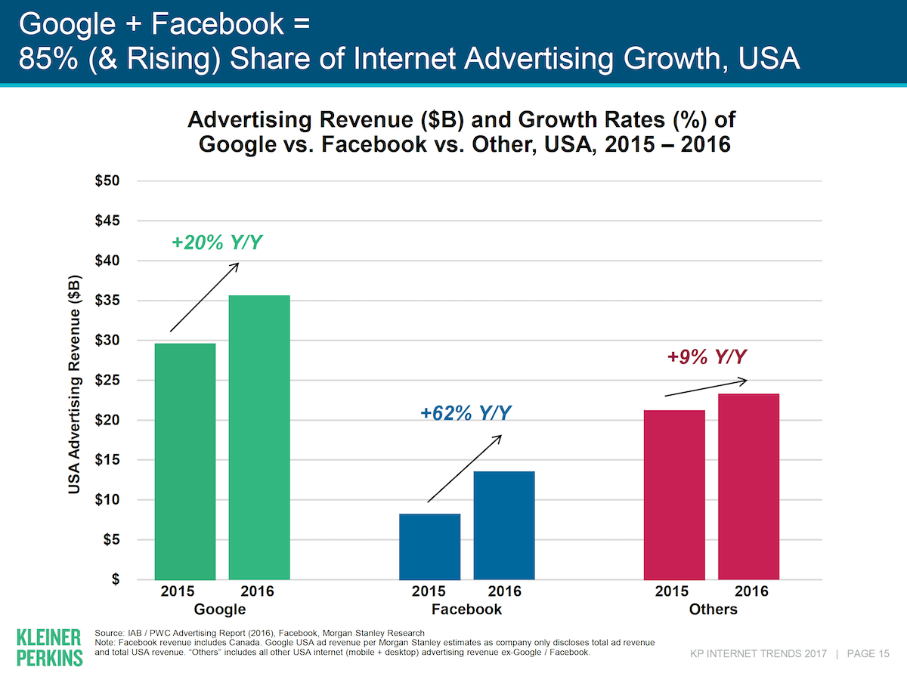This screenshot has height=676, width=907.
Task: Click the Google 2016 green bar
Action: point(259,437)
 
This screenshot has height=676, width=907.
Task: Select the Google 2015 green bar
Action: point(185,461)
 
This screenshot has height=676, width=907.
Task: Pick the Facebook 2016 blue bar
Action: point(504,526)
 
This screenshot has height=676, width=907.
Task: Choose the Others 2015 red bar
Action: point(674,495)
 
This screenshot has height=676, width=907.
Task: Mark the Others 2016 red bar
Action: point(748,486)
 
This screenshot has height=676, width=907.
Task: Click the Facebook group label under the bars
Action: point(466,609)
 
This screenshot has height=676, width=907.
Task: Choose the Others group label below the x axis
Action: point(713,609)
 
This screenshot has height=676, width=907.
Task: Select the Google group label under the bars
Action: point(220,609)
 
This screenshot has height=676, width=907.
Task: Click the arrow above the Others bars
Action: point(706,387)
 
